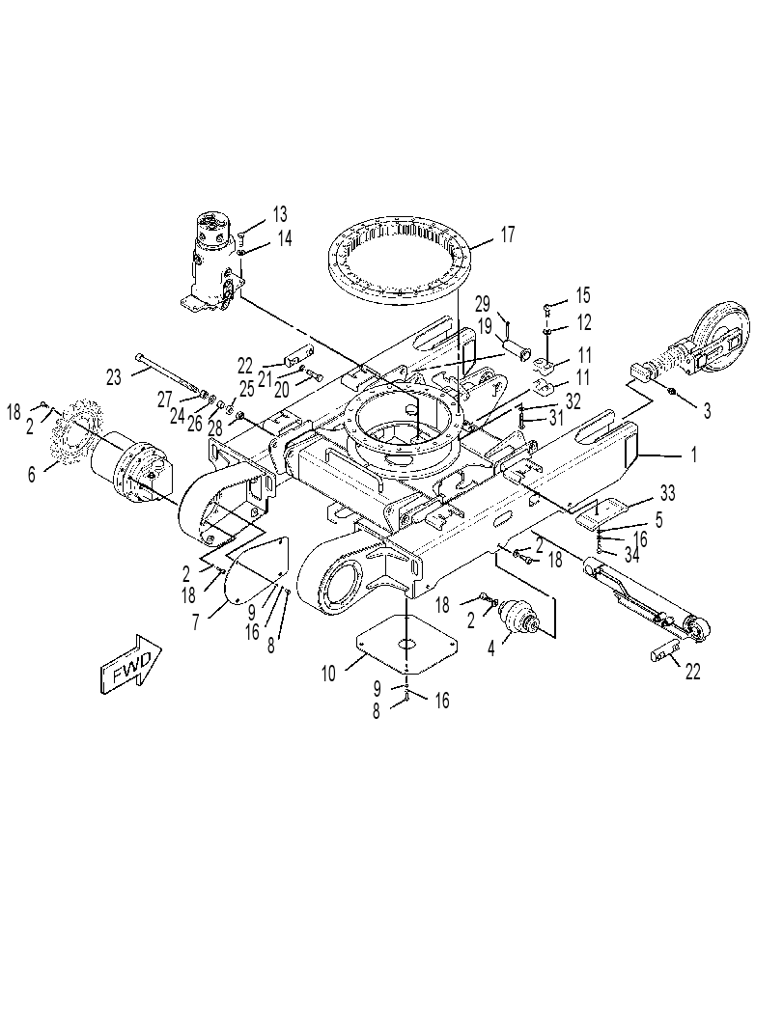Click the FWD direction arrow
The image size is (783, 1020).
point(131,661)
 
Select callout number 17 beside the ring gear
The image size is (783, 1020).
point(508,234)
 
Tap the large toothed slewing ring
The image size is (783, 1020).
point(401,262)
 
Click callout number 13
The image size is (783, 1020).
point(280,213)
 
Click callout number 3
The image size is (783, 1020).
point(708,410)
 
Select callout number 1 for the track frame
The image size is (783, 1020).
point(694,455)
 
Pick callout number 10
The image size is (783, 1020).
point(328,674)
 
